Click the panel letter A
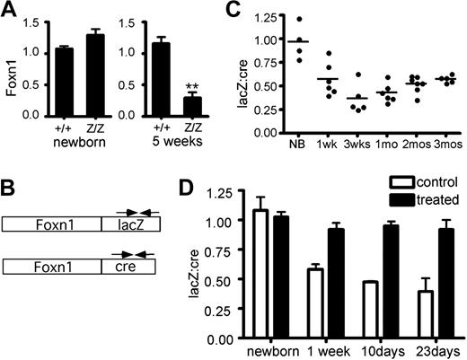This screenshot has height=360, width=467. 11,11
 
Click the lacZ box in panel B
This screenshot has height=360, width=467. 129,224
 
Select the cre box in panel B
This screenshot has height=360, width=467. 129,266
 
